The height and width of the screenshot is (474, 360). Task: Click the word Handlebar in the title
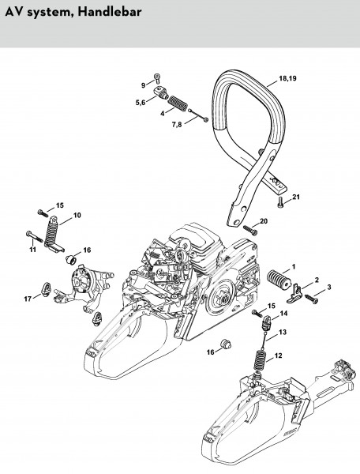pos(110,12)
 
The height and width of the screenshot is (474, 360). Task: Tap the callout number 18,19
pos(287,78)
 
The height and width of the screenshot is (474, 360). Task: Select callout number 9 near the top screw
pos(143,85)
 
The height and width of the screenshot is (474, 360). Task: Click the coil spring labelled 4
pos(177,104)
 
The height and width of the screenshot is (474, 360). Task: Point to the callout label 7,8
pos(177,124)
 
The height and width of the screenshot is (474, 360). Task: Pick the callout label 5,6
pos(141,103)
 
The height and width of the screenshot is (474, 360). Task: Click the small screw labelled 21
pos(279,202)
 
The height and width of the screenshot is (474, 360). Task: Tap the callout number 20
pos(264,221)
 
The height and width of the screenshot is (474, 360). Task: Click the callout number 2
pos(317,280)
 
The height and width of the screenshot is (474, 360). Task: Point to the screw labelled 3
pos(311,299)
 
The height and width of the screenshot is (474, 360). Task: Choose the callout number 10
pos(77,215)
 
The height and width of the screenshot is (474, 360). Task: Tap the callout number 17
pos(28,299)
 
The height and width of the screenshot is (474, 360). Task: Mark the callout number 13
pos(283,333)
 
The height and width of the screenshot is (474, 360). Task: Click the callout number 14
pos(283,314)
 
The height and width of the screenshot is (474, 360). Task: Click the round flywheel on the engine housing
pos(224,298)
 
